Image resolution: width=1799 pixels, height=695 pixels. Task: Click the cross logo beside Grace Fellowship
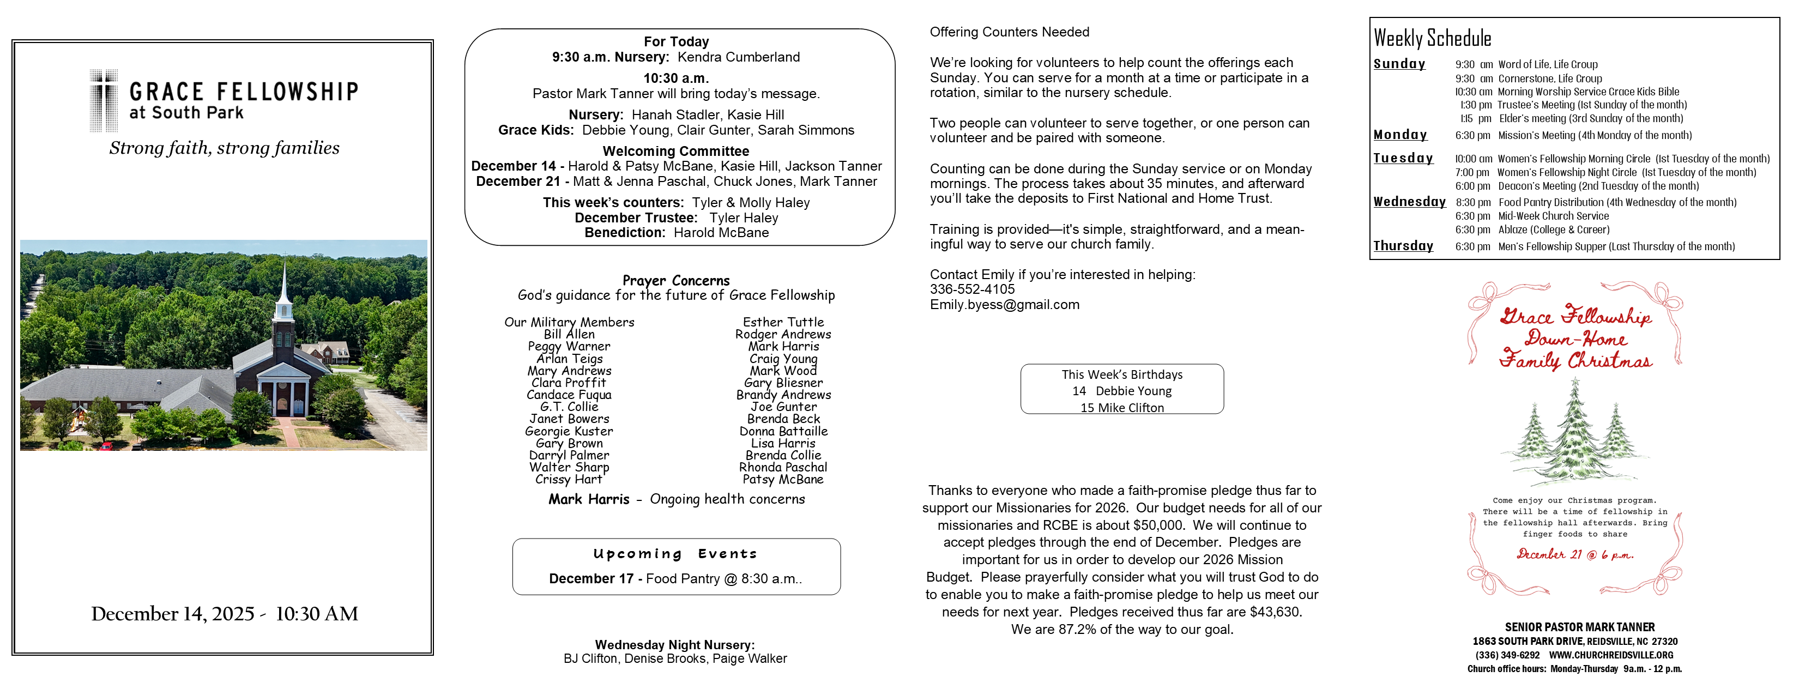(104, 101)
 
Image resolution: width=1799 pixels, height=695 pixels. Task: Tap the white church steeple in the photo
(284, 293)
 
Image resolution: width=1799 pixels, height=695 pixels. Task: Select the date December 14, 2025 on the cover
(172, 614)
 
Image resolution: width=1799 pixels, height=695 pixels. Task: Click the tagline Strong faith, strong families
(224, 148)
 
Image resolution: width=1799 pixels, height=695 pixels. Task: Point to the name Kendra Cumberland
(738, 57)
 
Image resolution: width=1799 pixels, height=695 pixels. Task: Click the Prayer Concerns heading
(675, 280)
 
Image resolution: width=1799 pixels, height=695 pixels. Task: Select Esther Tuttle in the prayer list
(783, 322)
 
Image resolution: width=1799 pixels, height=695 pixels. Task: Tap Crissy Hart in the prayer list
(569, 479)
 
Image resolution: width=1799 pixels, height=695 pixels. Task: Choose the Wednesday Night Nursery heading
(675, 645)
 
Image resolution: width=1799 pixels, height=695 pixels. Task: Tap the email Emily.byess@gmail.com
(1004, 305)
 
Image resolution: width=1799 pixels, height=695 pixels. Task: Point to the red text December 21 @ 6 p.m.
(1574, 554)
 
